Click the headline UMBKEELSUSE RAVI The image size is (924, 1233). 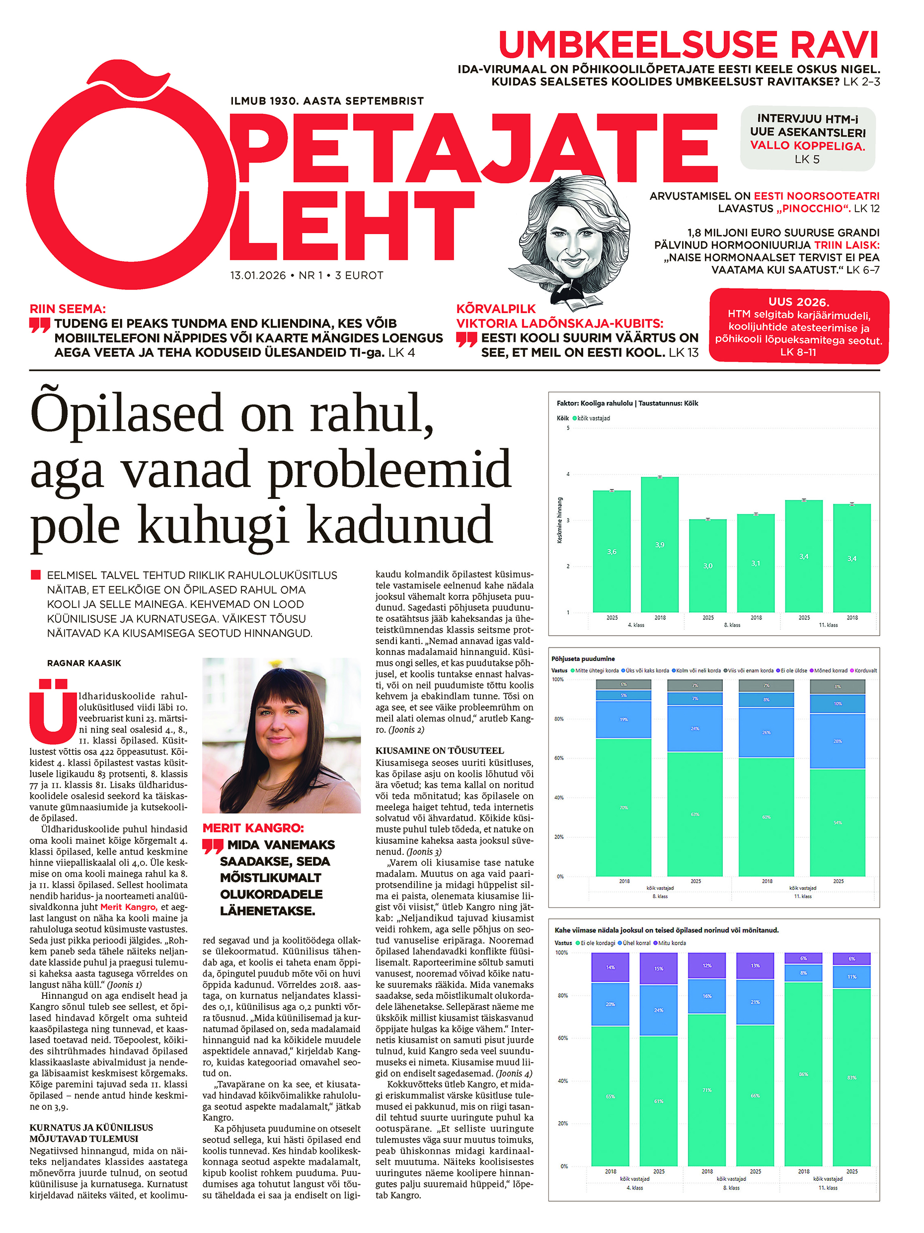click(x=688, y=45)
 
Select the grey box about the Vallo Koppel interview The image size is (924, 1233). click(x=807, y=138)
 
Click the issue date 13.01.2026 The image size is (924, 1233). click(x=257, y=275)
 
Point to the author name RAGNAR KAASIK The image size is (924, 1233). click(x=84, y=663)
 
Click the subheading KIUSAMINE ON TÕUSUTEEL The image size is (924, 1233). click(x=439, y=750)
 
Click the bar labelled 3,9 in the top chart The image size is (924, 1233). click(x=659, y=544)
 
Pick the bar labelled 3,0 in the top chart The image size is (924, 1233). click(x=707, y=565)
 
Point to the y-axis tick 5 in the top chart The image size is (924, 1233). click(x=568, y=428)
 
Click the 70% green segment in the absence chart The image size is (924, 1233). click(x=623, y=807)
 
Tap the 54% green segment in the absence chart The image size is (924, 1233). click(x=837, y=822)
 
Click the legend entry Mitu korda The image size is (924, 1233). click(x=672, y=943)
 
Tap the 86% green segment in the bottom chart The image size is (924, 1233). click(x=803, y=1074)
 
